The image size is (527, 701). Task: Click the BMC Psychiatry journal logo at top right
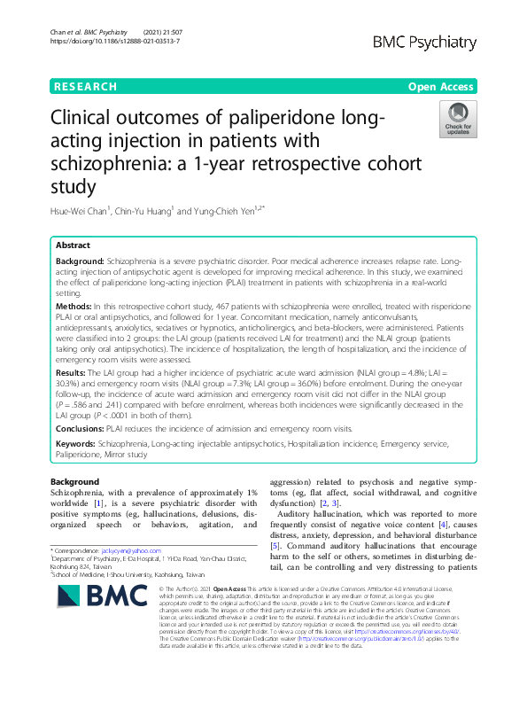pyautogui.click(x=426, y=43)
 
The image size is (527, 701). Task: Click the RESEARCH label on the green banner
pyautogui.click(x=85, y=87)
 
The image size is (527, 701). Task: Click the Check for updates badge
pyautogui.click(x=458, y=119)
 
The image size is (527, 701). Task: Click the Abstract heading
pyautogui.click(x=73, y=245)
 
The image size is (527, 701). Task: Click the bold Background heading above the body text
pyautogui.click(x=75, y=481)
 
